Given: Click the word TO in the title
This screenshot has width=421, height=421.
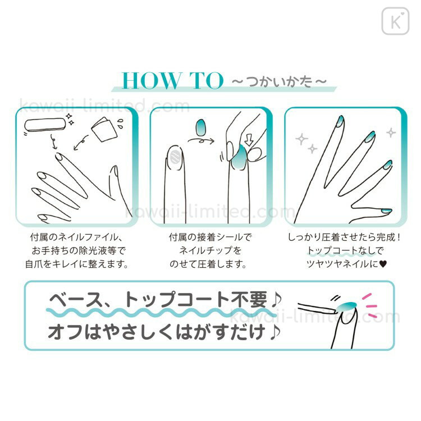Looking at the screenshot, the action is [206, 80].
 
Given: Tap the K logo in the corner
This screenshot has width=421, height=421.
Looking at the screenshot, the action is [396, 21].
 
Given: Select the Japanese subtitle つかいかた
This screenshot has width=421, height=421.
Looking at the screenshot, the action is [279, 81].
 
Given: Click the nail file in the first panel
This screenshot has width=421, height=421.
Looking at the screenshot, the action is [45, 125].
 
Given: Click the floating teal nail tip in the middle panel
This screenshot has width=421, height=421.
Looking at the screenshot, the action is [201, 127].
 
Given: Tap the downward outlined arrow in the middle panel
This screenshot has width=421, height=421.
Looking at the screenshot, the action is [249, 140].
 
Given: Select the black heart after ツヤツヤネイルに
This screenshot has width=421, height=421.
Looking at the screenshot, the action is [383, 264].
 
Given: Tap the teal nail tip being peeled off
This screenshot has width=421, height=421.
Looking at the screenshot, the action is [346, 306].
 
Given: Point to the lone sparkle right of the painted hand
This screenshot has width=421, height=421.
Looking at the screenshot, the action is [391, 132].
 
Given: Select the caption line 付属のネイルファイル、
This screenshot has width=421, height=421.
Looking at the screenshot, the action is [76, 237].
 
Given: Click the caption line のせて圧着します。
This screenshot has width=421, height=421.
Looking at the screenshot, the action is [208, 264].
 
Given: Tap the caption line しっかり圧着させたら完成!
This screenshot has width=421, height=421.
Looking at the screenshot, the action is [345, 237].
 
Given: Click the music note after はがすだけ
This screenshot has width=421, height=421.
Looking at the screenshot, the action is [275, 332].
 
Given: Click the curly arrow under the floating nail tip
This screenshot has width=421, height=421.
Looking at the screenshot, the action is [201, 140].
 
